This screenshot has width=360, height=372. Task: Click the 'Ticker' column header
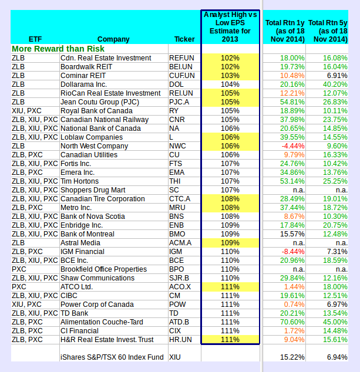[184, 39]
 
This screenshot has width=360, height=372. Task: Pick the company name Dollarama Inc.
[85, 84]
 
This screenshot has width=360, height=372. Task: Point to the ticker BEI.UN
[181, 67]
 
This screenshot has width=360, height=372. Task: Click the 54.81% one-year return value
[292, 102]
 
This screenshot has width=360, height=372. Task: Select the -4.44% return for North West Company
[294, 146]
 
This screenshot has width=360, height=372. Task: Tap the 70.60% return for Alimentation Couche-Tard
[292, 322]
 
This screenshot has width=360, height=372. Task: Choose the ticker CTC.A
[179, 199]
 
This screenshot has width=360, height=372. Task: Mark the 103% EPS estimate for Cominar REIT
[230, 76]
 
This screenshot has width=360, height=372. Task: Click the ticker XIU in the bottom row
[175, 357]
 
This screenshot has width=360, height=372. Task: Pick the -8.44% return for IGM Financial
[294, 252]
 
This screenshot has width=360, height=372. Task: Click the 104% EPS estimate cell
[230, 84]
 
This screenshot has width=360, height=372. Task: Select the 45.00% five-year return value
[335, 322]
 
